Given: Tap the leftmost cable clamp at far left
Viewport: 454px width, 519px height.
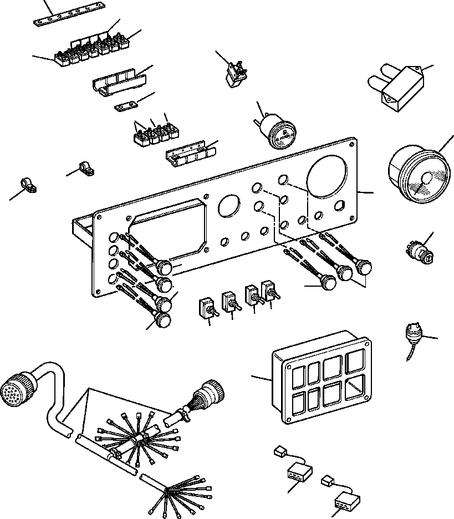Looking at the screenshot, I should tap(26, 185).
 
